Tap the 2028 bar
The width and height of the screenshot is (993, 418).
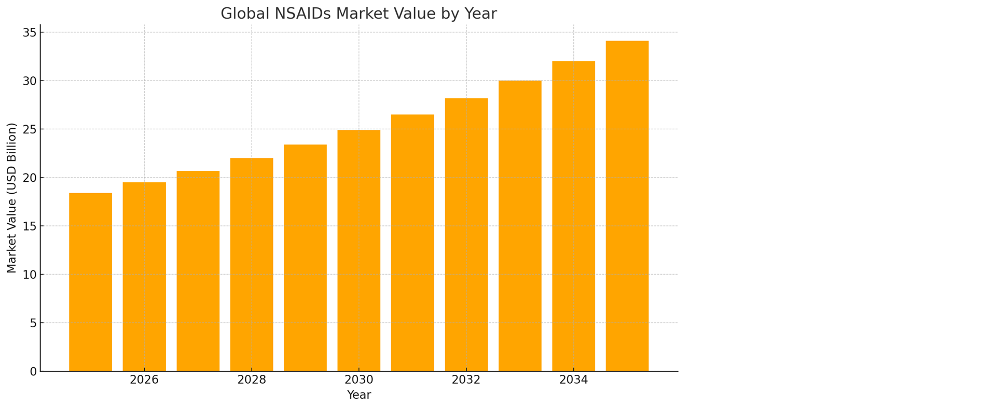252,264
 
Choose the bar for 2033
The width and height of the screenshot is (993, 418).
520,226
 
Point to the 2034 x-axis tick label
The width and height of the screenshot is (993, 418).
573,380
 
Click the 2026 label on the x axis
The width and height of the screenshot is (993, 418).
144,380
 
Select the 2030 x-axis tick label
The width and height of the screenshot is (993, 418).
358,380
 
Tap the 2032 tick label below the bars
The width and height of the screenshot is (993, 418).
466,380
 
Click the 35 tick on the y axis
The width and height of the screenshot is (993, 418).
30,33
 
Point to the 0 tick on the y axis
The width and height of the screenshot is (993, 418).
34,372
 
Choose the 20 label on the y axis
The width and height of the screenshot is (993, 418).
30,178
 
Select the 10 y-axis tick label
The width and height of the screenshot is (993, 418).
30,275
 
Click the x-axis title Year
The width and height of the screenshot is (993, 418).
358,395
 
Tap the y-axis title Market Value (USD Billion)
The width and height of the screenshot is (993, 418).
12,198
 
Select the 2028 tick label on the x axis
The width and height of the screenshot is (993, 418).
252,380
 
